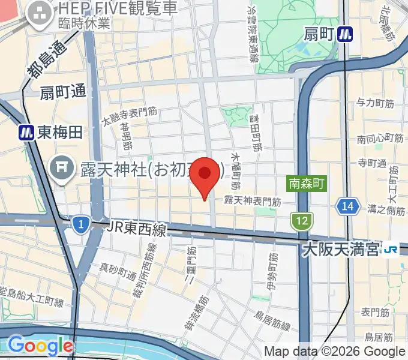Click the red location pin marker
tap(205, 175)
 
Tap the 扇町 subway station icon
tap(344, 34)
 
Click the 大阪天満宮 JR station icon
tap(392, 248)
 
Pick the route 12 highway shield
tap(301, 221)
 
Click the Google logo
tap(41, 346)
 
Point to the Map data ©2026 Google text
tap(335, 352)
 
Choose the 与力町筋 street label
tap(376, 103)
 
